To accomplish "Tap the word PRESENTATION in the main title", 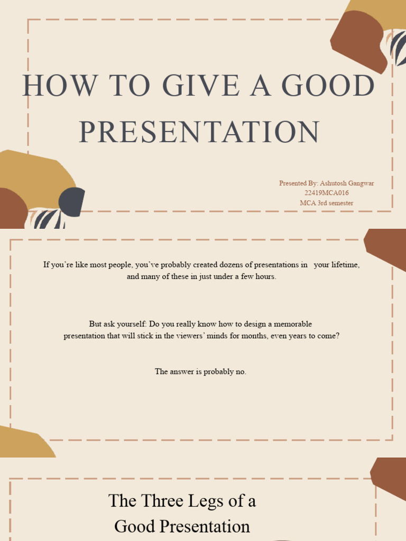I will (199, 132).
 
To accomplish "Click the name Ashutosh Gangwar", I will (347, 183).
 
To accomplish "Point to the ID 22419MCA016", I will (326, 193).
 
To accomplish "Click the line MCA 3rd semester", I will (326, 203).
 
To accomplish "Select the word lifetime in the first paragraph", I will (345, 265).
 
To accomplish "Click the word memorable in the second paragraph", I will (293, 324).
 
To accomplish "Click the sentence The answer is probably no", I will (200, 371).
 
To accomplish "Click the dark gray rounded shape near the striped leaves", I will (71, 202).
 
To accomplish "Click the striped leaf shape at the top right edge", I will (398, 48).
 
